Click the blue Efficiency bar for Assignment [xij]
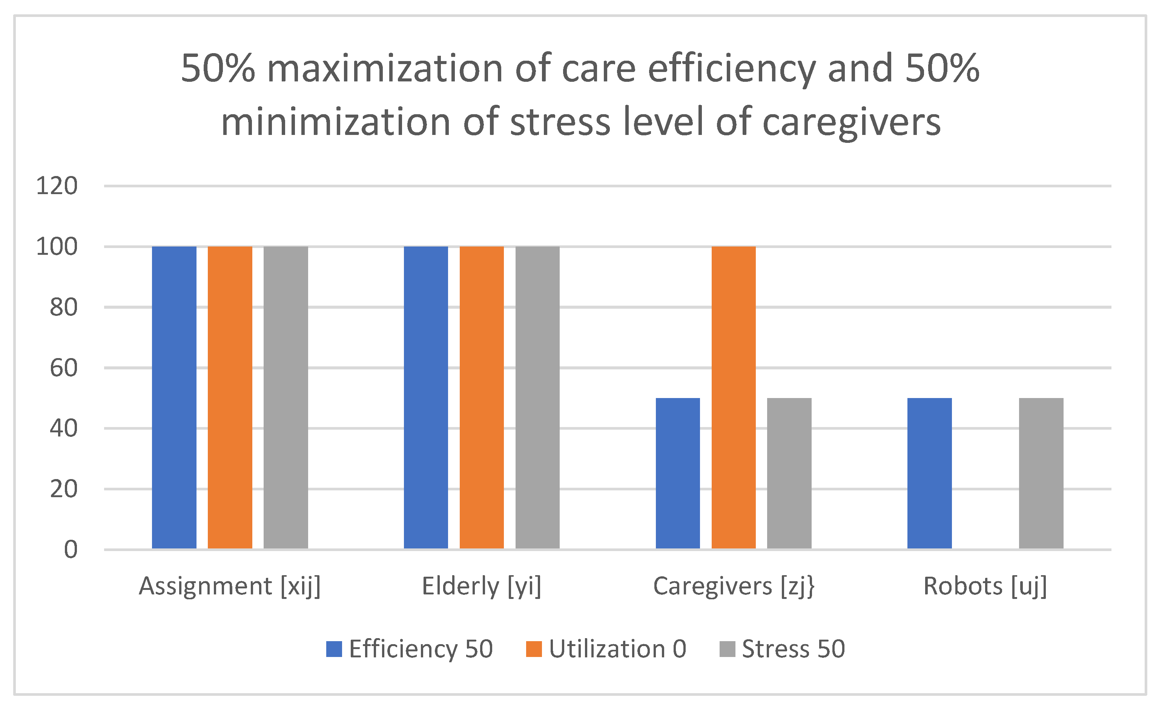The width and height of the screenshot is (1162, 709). tap(174, 397)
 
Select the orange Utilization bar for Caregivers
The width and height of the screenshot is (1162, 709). tap(733, 397)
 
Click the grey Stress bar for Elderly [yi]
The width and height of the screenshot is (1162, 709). tap(537, 397)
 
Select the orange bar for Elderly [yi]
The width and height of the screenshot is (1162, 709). tap(482, 397)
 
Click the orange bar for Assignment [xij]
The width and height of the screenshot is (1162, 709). tap(230, 397)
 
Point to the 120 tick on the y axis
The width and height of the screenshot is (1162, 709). tap(57, 186)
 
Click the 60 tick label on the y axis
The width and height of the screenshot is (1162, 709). tap(63, 368)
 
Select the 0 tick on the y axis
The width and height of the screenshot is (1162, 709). tap(71, 550)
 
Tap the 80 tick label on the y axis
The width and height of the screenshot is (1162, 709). tap(63, 307)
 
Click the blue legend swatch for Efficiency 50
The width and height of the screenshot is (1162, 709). tap(334, 649)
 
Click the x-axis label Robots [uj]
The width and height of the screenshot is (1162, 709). tap(985, 586)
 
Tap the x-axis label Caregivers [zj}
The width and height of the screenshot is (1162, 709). tap(733, 586)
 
